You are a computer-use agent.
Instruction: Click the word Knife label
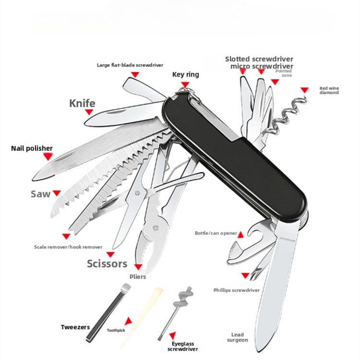pyautogui.click(x=82, y=104)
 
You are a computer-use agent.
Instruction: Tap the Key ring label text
pyautogui.click(x=185, y=75)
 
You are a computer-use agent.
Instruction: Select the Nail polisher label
pyautogui.click(x=32, y=148)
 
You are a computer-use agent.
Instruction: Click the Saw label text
pyautogui.click(x=40, y=194)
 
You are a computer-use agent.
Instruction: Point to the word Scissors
pyautogui.click(x=107, y=264)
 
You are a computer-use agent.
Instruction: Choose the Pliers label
pyautogui.click(x=138, y=277)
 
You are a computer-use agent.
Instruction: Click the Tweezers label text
pyautogui.click(x=75, y=327)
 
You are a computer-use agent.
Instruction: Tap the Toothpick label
pyautogui.click(x=116, y=330)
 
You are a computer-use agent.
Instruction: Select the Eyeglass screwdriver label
pyautogui.click(x=183, y=347)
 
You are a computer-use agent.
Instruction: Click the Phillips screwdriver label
pyautogui.click(x=236, y=290)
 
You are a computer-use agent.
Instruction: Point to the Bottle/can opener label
pyautogui.click(x=216, y=233)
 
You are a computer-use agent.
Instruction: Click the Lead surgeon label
pyautogui.click(x=238, y=337)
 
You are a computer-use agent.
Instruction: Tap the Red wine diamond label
pyautogui.click(x=329, y=90)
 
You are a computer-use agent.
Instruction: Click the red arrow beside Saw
pyautogui.click(x=57, y=193)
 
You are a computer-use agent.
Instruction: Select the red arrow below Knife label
pyautogui.click(x=89, y=112)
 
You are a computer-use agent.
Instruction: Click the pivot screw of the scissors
pyautogui.click(x=138, y=193)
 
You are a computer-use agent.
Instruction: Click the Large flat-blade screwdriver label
pyautogui.click(x=130, y=65)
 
